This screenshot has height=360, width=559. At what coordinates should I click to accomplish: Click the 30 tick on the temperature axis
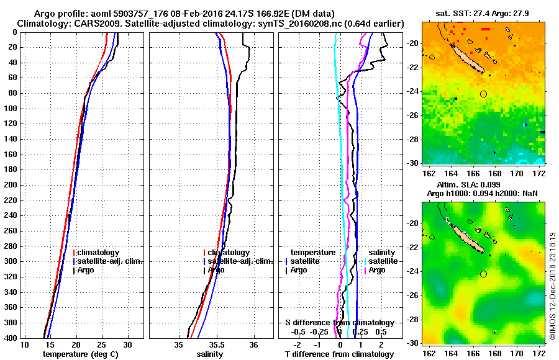tap(127, 345)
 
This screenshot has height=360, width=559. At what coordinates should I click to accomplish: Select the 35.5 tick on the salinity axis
tap(216, 345)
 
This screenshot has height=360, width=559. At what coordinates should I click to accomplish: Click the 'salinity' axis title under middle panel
tap(211, 354)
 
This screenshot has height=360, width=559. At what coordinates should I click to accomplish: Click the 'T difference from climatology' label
tap(339, 354)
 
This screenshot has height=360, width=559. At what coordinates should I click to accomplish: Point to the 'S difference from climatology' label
tap(339, 323)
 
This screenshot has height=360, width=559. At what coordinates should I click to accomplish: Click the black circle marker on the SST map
tap(483, 94)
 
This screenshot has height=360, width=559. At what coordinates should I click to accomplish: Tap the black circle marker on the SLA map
tap(483, 274)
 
